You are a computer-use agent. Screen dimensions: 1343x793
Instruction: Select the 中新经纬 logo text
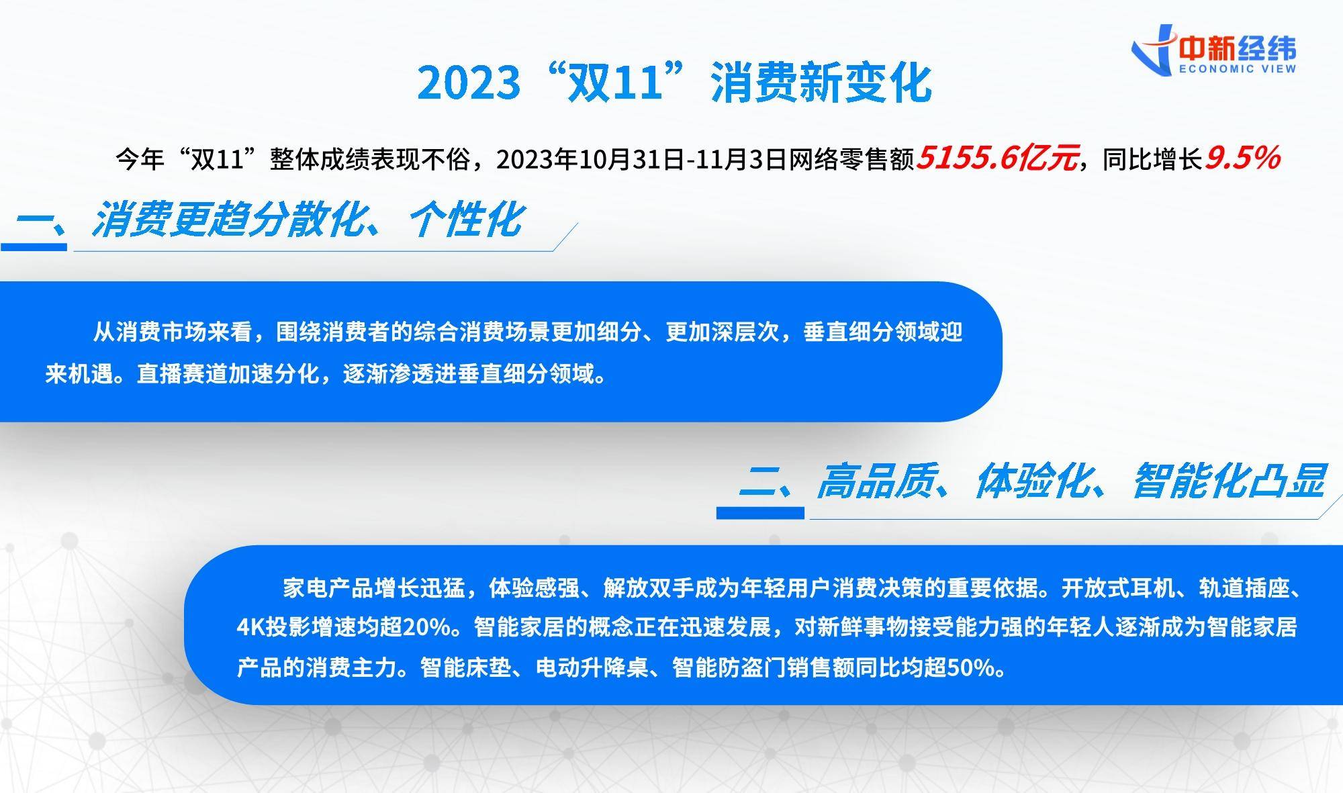click(x=1238, y=48)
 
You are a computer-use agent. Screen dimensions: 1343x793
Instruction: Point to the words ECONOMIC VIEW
click(x=1238, y=68)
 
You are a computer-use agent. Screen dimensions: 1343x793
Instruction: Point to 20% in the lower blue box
click(x=426, y=627)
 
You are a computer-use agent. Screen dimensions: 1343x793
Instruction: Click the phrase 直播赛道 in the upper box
click(x=182, y=373)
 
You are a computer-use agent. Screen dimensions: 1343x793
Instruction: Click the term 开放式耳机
click(x=1118, y=588)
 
